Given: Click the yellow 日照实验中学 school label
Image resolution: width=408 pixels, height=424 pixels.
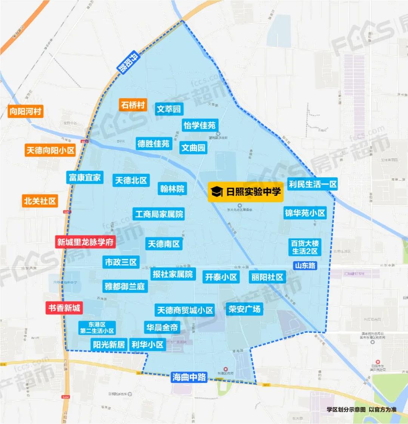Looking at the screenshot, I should [246, 192].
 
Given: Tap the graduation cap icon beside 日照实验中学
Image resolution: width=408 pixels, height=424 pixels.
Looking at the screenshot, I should [217, 192].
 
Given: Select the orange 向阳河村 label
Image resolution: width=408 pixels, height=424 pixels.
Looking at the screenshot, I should [25, 111].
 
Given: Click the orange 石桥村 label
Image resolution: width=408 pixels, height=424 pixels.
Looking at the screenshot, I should [133, 105].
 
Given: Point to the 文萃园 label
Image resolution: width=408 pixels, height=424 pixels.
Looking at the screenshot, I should [169, 109].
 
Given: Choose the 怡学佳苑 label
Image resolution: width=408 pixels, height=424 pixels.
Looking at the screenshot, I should [199, 125].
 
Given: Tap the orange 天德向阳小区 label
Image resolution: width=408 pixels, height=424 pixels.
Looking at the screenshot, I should [50, 150].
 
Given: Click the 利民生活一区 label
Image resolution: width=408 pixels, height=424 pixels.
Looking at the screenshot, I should [312, 184].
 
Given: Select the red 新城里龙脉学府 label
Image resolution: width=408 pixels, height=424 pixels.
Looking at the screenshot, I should [85, 242].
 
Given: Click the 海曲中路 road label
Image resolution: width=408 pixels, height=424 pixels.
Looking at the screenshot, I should [189, 377].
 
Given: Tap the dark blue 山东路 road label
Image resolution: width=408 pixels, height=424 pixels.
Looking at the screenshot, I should [305, 265].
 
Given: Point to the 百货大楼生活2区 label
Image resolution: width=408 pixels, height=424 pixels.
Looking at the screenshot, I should [304, 247].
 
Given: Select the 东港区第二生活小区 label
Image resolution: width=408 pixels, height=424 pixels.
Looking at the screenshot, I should [97, 328].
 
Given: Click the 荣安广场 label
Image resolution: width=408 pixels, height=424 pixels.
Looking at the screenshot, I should [244, 309].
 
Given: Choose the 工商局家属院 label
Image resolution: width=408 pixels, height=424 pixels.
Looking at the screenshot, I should [159, 214].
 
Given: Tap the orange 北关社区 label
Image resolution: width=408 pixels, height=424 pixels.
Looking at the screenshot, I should [40, 201].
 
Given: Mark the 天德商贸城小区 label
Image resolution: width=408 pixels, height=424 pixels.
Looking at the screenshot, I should [185, 310].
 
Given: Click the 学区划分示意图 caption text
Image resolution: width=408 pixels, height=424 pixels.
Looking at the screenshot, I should [346, 409].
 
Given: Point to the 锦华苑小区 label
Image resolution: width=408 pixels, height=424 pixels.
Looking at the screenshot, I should [305, 213].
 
